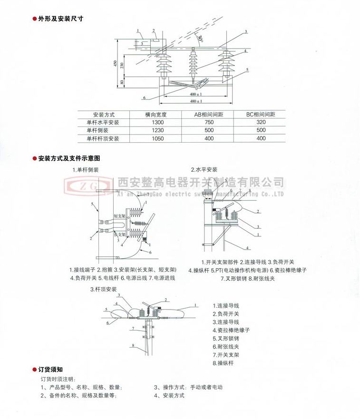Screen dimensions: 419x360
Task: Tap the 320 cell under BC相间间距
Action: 261,123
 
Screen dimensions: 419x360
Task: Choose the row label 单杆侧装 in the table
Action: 97,130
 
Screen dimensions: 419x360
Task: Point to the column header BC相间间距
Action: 261,115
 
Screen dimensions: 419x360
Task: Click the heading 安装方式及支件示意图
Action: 69,158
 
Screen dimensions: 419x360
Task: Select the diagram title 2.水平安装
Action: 204,169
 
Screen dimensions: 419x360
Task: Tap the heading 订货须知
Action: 51,370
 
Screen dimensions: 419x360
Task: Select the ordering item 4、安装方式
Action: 169,395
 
